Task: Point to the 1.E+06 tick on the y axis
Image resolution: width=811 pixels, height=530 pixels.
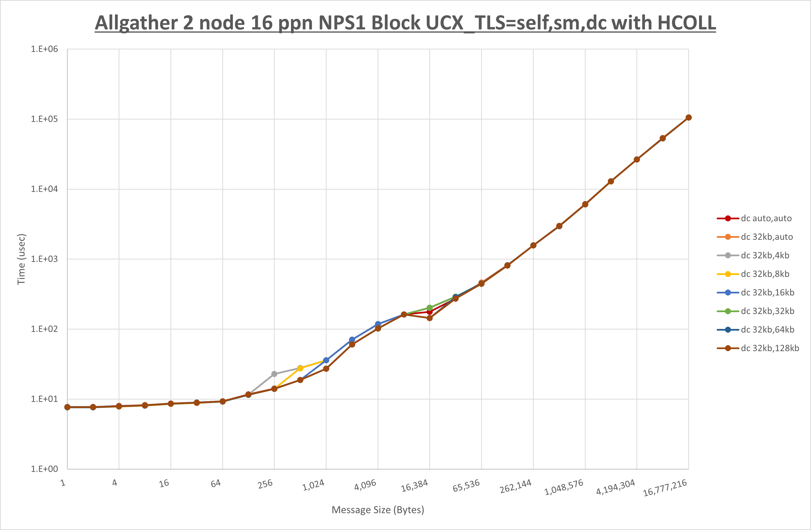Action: click(44, 49)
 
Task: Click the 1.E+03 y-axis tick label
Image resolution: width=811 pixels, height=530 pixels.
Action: click(44, 259)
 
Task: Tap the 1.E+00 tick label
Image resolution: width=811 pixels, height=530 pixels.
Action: click(44, 469)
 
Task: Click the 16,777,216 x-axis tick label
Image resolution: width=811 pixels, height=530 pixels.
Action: click(665, 488)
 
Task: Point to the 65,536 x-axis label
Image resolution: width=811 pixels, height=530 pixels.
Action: click(466, 486)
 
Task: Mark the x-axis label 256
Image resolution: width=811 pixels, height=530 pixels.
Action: click(265, 484)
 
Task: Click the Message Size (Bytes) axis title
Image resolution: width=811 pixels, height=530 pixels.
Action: click(378, 510)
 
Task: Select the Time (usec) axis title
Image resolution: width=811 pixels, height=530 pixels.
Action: click(21, 259)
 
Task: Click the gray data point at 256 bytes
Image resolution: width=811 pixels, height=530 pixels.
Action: click(274, 374)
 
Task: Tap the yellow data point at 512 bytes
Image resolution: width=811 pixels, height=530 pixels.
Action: click(300, 368)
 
